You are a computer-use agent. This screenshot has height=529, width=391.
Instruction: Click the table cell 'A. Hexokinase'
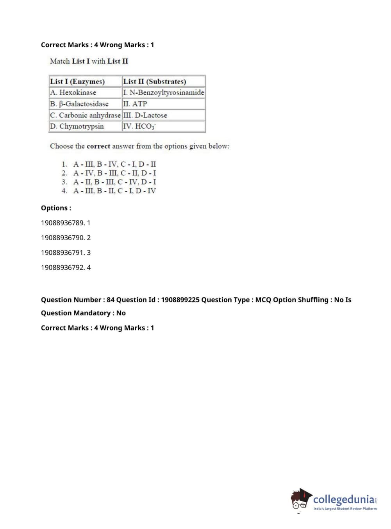pyautogui.click(x=73, y=92)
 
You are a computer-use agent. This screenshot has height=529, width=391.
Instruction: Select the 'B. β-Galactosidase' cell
pyautogui.click(x=79, y=104)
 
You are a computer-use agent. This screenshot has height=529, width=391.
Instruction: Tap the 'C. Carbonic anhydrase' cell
pyautogui.click(x=85, y=115)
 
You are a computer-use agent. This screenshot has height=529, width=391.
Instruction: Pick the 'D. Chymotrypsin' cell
pyautogui.click(x=77, y=126)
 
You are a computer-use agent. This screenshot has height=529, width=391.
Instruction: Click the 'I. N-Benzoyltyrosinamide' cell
pyautogui.click(x=163, y=92)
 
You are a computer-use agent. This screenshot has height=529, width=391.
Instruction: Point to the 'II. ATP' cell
pyautogui.click(x=135, y=104)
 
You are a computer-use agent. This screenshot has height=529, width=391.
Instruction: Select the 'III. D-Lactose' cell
pyautogui.click(x=145, y=115)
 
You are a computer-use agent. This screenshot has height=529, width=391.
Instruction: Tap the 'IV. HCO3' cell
pyautogui.click(x=139, y=126)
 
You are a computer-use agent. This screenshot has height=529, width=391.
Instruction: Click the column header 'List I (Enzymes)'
pyautogui.click(x=77, y=82)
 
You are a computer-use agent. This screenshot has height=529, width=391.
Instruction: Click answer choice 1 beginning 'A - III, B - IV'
pyautogui.click(x=114, y=164)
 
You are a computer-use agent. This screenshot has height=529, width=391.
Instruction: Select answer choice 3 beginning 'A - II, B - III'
pyautogui.click(x=114, y=182)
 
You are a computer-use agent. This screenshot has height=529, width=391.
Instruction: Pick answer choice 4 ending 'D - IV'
pyautogui.click(x=114, y=191)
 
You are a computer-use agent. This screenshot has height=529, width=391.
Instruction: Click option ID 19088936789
pyautogui.click(x=62, y=223)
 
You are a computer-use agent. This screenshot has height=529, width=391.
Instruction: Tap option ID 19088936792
pyautogui.click(x=62, y=267)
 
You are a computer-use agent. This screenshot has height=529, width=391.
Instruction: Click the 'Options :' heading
pyautogui.click(x=56, y=208)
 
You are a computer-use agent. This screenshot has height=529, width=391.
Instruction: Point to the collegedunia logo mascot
pyautogui.click(x=301, y=499)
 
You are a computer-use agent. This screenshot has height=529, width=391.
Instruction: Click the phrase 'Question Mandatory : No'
pyautogui.click(x=83, y=313)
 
